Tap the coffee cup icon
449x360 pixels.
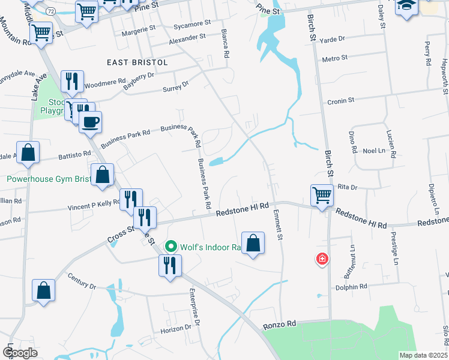click(91, 122)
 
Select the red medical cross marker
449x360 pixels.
click(322, 259)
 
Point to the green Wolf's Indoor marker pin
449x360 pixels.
click(170, 246)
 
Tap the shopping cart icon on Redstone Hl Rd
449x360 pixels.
click(322, 194)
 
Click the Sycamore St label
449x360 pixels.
click(191, 23)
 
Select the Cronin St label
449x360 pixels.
click(341, 101)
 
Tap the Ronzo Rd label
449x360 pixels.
click(280, 325)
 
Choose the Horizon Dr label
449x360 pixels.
click(175, 329)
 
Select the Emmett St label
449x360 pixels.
click(278, 224)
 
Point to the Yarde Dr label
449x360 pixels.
click(334, 39)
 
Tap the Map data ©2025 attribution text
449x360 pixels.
click(423, 355)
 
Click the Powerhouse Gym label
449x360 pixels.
click(48, 179)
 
